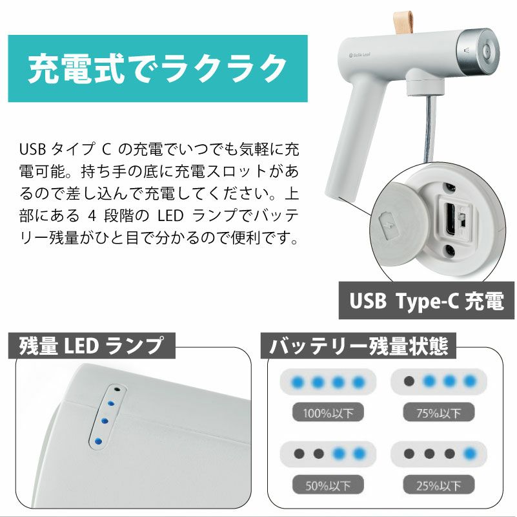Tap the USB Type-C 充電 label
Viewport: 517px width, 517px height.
point(427,301)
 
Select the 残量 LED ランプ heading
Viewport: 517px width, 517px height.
point(91,346)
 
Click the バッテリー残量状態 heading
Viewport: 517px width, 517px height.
point(358,346)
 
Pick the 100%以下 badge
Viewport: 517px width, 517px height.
point(328,412)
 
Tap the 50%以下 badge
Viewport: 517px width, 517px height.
point(328,483)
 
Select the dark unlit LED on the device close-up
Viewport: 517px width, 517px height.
point(117,390)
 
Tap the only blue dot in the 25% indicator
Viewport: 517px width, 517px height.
point(471,453)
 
